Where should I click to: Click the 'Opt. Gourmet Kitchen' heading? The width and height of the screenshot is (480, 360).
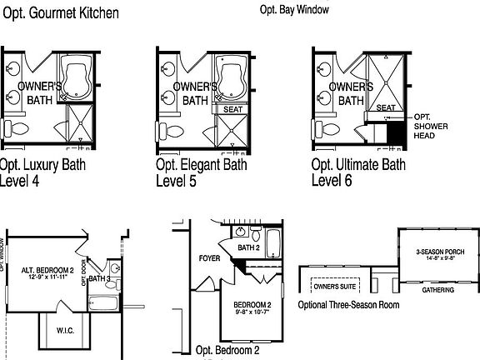click(x=59, y=13)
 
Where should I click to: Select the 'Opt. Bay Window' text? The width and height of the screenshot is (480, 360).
click(x=294, y=10)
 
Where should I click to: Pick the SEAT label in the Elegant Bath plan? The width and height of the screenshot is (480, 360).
click(x=230, y=109)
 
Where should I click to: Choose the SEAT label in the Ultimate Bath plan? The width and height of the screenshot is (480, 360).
click(x=386, y=108)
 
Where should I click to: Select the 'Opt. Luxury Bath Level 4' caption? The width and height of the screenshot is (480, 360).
click(x=40, y=172)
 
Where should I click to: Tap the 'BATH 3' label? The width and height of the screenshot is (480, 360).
click(x=99, y=279)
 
